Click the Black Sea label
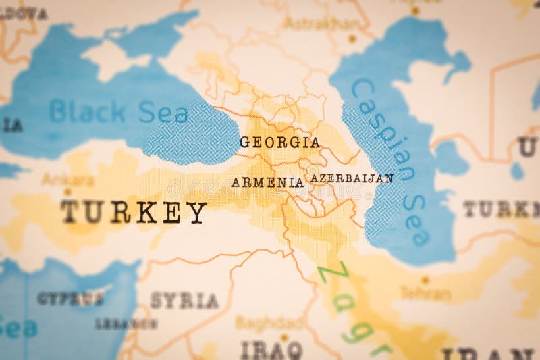119,111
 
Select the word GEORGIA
279,143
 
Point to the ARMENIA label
267,182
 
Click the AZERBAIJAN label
351,178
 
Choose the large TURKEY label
134,212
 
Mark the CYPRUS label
70,298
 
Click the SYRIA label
184,301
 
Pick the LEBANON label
126,324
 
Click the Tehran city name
425,294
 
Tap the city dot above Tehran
425,280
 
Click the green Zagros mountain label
354,307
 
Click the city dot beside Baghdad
284,336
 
